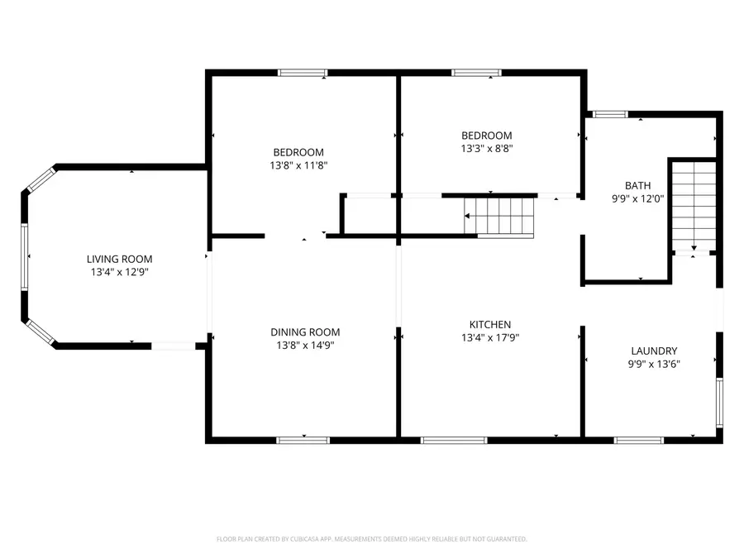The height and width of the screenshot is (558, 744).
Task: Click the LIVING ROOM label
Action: [x=122, y=259]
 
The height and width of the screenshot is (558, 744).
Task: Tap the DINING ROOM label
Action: [x=305, y=332]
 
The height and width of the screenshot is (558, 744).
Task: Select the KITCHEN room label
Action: [x=490, y=325]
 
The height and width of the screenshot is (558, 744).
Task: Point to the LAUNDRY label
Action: [x=654, y=351]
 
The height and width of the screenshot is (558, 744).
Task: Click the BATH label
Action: [x=637, y=185]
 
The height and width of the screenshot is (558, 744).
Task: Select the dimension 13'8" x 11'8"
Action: [x=298, y=165]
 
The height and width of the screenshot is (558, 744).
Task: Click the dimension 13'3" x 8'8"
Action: [x=486, y=149]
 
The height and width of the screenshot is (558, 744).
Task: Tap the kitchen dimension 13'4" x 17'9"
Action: [x=490, y=338]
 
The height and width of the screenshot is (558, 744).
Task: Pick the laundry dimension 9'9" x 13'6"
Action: [x=654, y=364]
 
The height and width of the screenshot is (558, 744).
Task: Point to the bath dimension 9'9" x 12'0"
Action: [x=637, y=198]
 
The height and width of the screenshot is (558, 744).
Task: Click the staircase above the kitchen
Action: [x=499, y=217]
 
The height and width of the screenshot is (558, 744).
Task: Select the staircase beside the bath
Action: [x=693, y=204]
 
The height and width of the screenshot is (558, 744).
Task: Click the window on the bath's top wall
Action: [x=611, y=114]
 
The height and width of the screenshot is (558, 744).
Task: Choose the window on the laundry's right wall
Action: [x=719, y=403]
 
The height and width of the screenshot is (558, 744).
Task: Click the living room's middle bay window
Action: [x=25, y=258]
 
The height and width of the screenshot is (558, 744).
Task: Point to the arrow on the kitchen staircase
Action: [x=469, y=217]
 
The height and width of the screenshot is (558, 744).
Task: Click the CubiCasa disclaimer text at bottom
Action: [x=371, y=539]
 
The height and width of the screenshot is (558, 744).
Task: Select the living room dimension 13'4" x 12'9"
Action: [x=122, y=272]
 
